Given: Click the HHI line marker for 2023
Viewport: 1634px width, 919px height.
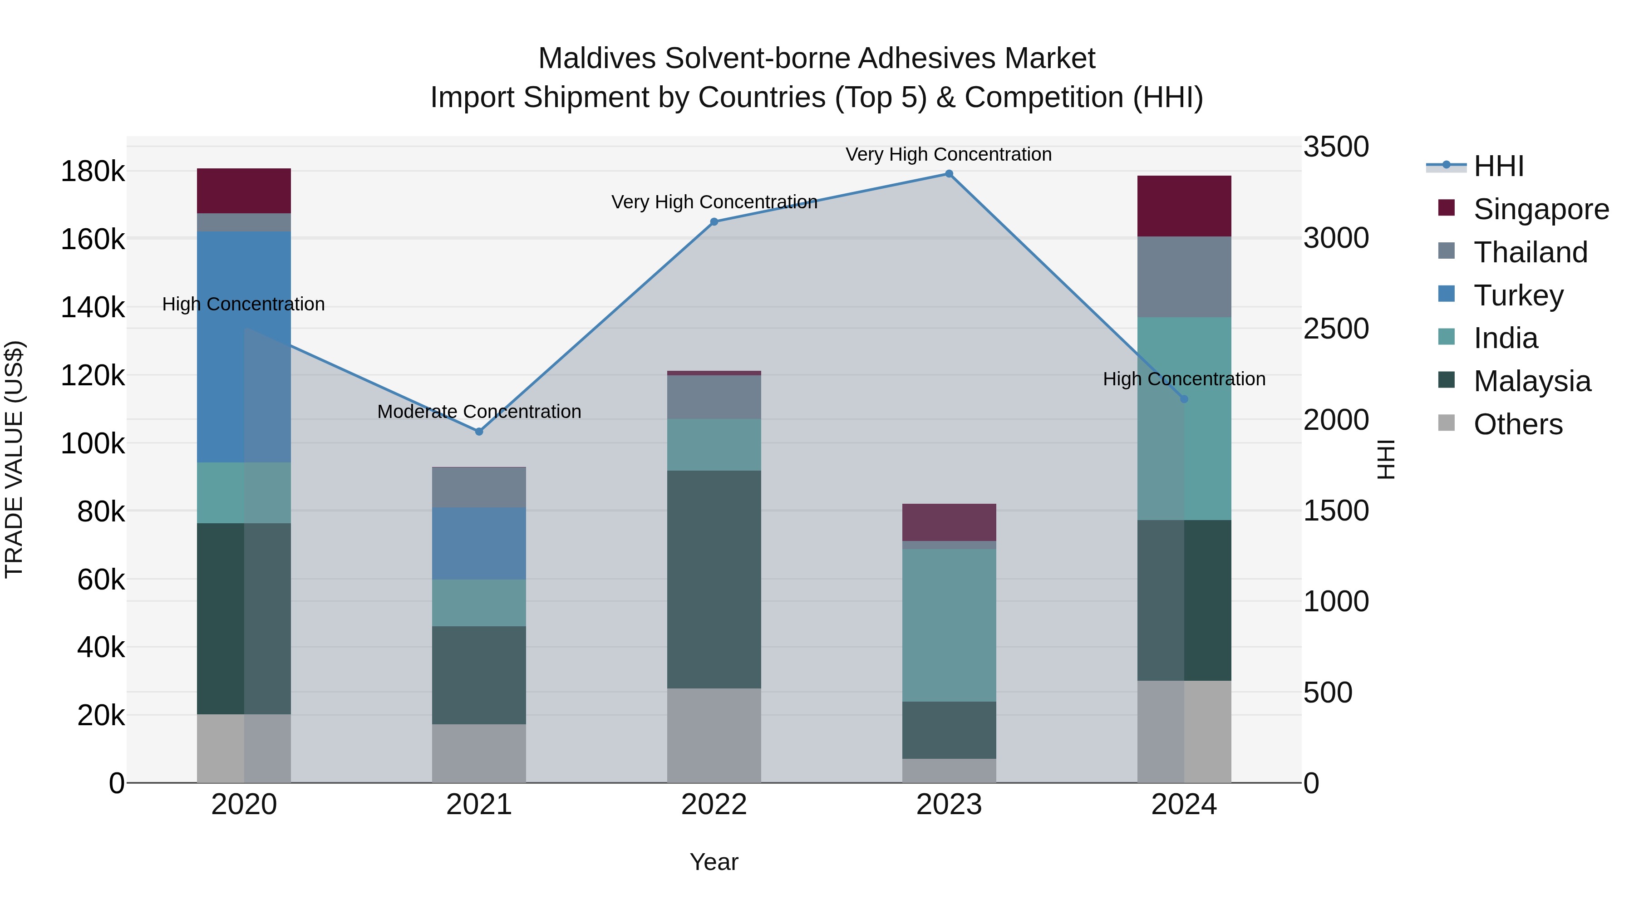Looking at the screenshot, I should click(x=949, y=174).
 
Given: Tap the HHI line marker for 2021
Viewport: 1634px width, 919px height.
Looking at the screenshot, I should click(x=479, y=431).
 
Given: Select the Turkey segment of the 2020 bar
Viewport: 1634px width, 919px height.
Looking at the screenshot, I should click(x=244, y=346).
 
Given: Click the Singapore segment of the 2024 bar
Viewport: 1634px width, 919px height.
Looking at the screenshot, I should click(x=1184, y=206).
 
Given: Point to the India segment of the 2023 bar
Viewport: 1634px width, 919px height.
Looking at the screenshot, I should click(x=949, y=625).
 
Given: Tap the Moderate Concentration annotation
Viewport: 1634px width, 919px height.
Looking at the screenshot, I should click(x=479, y=412).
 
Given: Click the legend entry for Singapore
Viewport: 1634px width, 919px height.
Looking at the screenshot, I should click(x=1541, y=209).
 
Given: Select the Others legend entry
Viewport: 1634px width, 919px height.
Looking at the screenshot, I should click(x=1518, y=424).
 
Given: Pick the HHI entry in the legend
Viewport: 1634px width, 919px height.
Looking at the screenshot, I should click(x=1498, y=166).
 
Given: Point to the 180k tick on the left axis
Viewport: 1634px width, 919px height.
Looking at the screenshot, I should click(x=93, y=171).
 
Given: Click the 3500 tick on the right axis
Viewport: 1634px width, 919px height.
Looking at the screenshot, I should click(x=1336, y=147).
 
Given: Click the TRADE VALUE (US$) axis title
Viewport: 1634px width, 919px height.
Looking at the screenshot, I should click(x=14, y=459).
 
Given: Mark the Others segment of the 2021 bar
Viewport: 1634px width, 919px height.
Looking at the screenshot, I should click(x=479, y=753).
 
